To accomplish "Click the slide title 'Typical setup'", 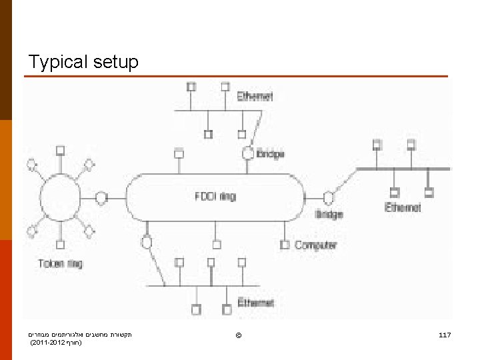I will pos(83,62).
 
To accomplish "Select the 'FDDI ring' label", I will pos(215,197).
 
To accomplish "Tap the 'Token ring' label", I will pos(60,263).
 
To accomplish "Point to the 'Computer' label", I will pos(316,245).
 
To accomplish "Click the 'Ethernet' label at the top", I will pos(255,96).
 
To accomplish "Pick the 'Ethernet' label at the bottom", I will pos(255,303).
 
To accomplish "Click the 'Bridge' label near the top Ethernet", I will pos(270,154).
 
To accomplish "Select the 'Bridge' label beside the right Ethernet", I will pos(329,214).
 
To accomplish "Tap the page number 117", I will pos(445,333).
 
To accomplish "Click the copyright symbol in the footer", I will pos(239,333).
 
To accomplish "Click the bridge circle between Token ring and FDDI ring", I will pos(101,197).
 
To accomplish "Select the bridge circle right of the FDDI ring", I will pos(328,197).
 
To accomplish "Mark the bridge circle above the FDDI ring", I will pos(247,153).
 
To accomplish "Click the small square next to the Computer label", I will pos(285,245).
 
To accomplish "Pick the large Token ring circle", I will pos(61,198).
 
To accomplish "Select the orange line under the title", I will pos(236,77).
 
